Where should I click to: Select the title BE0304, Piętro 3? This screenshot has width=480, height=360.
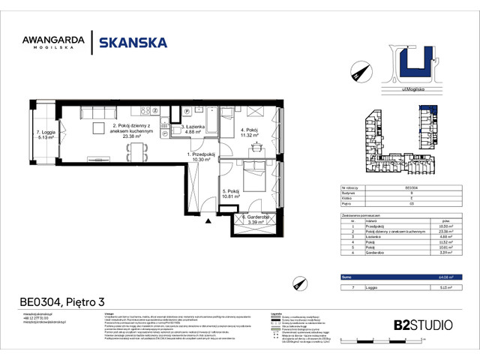click(x=63, y=303)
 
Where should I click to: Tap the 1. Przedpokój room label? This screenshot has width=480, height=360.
click(x=201, y=157)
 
